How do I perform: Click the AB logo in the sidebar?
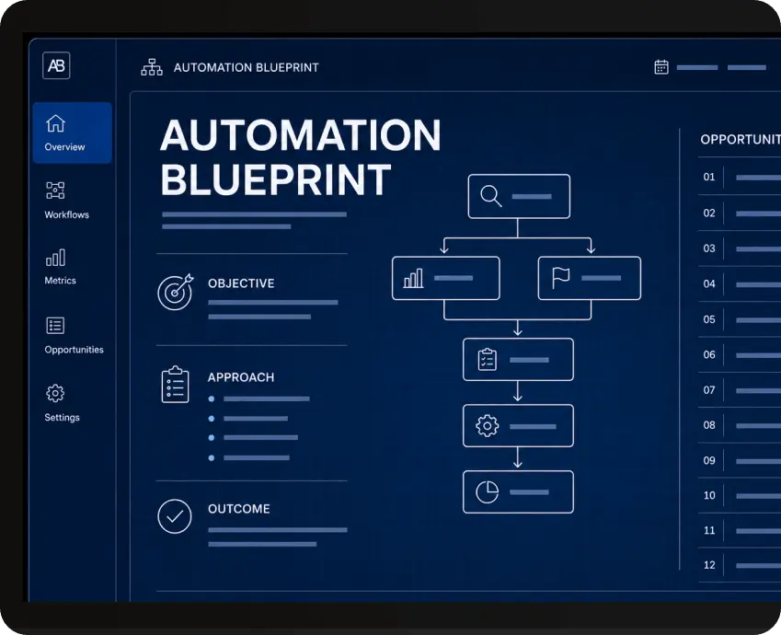click(x=56, y=65)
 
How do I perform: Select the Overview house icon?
click(x=55, y=123)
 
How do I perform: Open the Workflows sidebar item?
click(x=66, y=200)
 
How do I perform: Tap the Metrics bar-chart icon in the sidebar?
click(x=55, y=258)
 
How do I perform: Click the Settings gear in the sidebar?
click(x=55, y=393)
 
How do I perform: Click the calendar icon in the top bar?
click(x=661, y=67)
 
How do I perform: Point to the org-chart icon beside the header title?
click(x=152, y=67)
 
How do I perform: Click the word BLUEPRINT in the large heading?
click(x=275, y=179)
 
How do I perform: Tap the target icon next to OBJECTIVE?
click(x=176, y=292)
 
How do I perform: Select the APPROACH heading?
click(x=241, y=377)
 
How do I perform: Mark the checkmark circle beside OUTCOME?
click(x=175, y=516)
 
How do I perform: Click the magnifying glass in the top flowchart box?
click(x=490, y=196)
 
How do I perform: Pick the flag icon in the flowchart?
click(x=560, y=278)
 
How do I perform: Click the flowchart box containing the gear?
click(x=518, y=426)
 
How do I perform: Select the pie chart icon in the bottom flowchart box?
click(x=488, y=492)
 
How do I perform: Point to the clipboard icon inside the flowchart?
click(x=488, y=359)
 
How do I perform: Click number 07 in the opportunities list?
click(x=709, y=390)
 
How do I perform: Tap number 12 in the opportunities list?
click(x=709, y=565)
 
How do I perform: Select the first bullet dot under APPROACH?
click(x=212, y=398)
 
